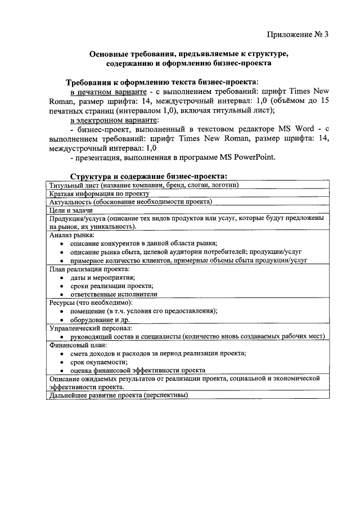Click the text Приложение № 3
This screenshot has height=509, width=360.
point(297,35)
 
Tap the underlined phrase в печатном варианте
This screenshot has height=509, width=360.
point(105,91)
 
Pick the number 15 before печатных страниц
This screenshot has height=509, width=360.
point(323,101)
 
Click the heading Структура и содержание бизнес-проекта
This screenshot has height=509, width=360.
point(148,177)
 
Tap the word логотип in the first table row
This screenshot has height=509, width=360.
point(220,185)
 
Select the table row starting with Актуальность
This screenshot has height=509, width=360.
point(130,201)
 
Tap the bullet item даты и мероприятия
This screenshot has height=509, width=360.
point(102,277)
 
